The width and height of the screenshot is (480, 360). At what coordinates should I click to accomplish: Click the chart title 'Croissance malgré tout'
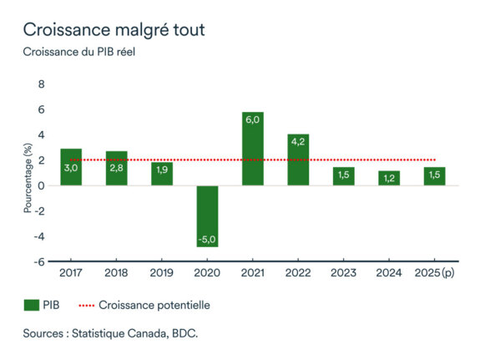click(113, 29)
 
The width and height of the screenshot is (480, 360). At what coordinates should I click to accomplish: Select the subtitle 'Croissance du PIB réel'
click(78, 53)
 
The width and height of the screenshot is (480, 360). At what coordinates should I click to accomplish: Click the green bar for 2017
click(71, 167)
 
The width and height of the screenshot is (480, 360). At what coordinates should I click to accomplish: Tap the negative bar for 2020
click(207, 215)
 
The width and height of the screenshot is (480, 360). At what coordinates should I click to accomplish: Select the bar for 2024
click(388, 178)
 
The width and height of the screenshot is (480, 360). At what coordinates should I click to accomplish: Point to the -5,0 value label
click(207, 239)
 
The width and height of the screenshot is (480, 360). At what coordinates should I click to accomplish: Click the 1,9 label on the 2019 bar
click(162, 170)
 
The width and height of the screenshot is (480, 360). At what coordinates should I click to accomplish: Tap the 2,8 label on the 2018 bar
click(117, 168)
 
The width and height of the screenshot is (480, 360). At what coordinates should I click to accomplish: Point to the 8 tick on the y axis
click(41, 84)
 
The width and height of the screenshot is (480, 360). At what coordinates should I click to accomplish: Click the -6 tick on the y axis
click(38, 261)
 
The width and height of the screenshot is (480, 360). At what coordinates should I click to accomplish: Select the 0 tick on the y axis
click(41, 185)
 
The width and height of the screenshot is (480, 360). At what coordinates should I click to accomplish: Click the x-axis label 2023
click(343, 273)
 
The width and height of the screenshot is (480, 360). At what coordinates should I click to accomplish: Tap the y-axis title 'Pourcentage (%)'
click(28, 178)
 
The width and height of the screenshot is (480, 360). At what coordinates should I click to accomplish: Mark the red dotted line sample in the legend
click(91, 306)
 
